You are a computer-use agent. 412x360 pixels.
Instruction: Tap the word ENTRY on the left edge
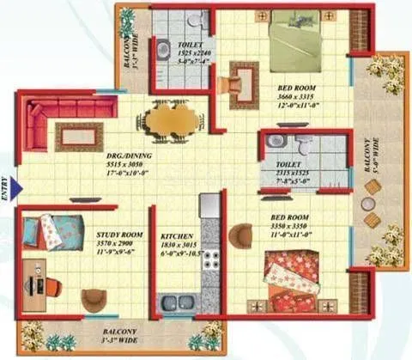5,188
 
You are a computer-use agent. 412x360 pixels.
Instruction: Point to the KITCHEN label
178,235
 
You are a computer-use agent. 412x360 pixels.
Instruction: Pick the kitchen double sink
178,303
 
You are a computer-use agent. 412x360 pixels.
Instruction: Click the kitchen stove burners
210,259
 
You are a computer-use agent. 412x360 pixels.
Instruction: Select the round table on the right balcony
368,204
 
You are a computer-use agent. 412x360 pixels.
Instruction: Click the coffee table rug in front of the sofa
74,136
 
